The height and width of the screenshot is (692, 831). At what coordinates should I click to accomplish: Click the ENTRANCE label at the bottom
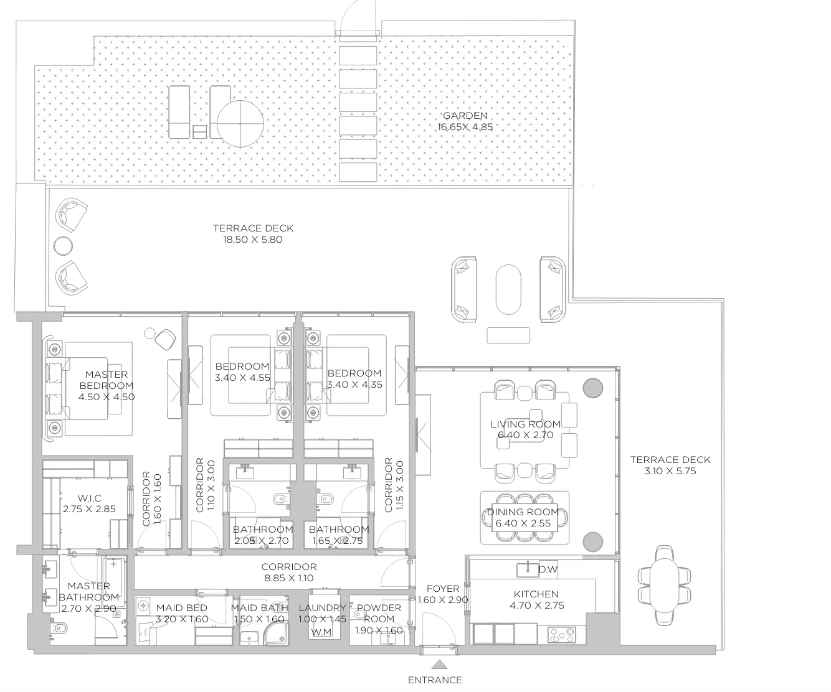435,680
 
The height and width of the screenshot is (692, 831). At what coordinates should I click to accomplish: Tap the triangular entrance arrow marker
439,665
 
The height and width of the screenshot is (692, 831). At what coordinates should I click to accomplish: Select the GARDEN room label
465,116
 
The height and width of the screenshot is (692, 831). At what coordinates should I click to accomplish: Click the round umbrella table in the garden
240,124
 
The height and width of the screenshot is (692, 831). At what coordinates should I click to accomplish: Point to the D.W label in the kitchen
548,569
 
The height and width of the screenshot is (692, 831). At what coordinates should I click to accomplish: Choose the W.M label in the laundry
321,632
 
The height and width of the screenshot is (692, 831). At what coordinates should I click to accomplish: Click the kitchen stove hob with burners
561,635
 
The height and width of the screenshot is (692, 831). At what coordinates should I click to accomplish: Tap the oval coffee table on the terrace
508,289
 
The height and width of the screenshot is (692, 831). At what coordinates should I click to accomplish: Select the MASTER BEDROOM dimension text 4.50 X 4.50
107,397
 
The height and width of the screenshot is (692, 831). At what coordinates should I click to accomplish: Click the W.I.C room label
89,498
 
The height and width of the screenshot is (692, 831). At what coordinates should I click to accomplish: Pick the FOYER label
443,588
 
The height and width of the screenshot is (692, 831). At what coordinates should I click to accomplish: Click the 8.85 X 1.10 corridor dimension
289,578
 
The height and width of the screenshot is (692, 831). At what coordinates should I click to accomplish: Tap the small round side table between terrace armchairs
64,246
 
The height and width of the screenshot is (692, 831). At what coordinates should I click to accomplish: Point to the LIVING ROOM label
525,424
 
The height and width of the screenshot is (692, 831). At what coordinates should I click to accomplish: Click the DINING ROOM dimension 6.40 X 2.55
523,523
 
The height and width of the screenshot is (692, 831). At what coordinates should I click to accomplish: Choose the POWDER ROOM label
379,613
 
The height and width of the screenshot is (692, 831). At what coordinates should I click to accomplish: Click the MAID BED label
182,608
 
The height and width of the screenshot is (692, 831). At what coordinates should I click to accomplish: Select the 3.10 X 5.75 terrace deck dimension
671,471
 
